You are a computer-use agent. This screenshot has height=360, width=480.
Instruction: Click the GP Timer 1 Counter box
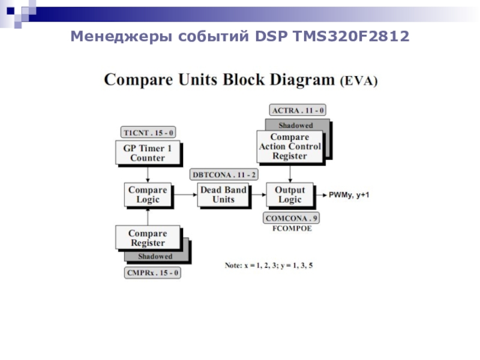click(148, 153)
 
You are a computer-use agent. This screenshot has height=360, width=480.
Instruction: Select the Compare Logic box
click(148, 194)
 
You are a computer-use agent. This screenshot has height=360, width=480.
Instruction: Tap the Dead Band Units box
click(223, 194)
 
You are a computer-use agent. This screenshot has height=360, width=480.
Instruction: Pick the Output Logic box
click(290, 194)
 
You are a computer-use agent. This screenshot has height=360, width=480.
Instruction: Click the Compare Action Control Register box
click(290, 146)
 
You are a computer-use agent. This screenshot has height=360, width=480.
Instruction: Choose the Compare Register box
click(148, 238)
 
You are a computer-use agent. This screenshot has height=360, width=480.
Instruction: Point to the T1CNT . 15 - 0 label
click(148, 133)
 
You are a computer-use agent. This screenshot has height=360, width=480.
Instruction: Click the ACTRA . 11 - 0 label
click(298, 110)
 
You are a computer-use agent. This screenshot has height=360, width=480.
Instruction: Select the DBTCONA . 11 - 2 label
click(224, 175)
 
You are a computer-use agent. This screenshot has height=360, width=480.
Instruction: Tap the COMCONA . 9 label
click(291, 218)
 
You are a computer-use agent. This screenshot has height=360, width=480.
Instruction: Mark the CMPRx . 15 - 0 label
click(152, 273)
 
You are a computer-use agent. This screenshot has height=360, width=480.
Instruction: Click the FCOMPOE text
click(292, 229)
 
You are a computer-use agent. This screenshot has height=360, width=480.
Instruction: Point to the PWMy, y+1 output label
click(349, 195)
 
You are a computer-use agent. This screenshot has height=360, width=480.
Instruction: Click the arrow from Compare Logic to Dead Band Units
click(184, 194)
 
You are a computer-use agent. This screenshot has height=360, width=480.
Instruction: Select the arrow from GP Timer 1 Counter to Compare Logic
click(148, 173)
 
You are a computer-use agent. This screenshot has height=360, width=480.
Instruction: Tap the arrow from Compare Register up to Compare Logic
click(148, 216)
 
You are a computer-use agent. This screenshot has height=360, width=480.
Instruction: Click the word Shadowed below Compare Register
click(155, 257)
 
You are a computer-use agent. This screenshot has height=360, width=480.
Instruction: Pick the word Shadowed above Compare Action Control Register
click(296, 125)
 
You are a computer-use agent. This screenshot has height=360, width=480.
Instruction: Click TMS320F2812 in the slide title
click(351, 36)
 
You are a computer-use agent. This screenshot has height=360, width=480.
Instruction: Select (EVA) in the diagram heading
click(359, 81)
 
